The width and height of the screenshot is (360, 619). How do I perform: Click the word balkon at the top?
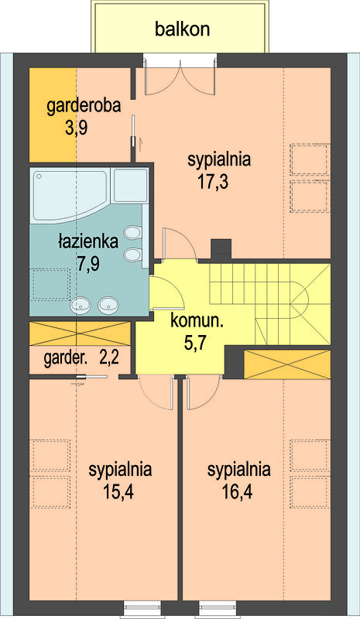(x=182, y=29)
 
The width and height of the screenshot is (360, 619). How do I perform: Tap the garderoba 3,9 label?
(x=84, y=118)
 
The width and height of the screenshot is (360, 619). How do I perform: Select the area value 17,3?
(x=214, y=183)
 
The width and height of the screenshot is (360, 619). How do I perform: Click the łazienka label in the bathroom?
(x=88, y=241)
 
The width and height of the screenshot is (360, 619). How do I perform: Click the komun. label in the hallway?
(x=197, y=321)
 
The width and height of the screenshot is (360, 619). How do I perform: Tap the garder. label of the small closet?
(x=65, y=359)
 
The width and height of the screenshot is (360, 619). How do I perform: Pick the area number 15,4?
(x=118, y=492)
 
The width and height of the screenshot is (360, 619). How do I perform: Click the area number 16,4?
(x=238, y=492)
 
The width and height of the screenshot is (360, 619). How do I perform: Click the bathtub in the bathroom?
(x=70, y=196)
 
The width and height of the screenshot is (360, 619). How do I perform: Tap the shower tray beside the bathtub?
(x=130, y=186)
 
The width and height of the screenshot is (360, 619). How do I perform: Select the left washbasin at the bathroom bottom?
(x=81, y=305)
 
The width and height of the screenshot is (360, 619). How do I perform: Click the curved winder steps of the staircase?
(x=300, y=299)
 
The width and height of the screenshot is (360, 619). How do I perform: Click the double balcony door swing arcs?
(x=180, y=79)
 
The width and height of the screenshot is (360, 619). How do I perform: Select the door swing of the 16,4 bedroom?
(x=203, y=395)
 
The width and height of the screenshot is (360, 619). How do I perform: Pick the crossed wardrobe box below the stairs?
(x=287, y=364)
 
